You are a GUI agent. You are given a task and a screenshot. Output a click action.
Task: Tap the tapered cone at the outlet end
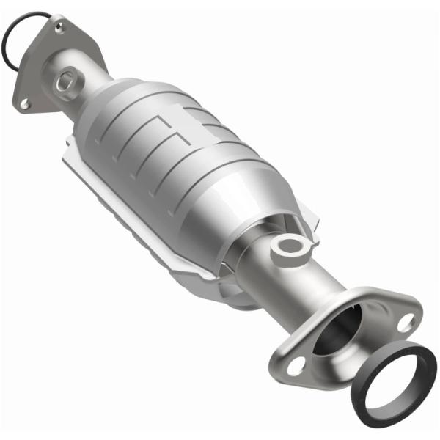pos(253,220)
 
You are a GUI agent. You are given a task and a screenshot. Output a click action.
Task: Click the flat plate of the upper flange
pos(37,73)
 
